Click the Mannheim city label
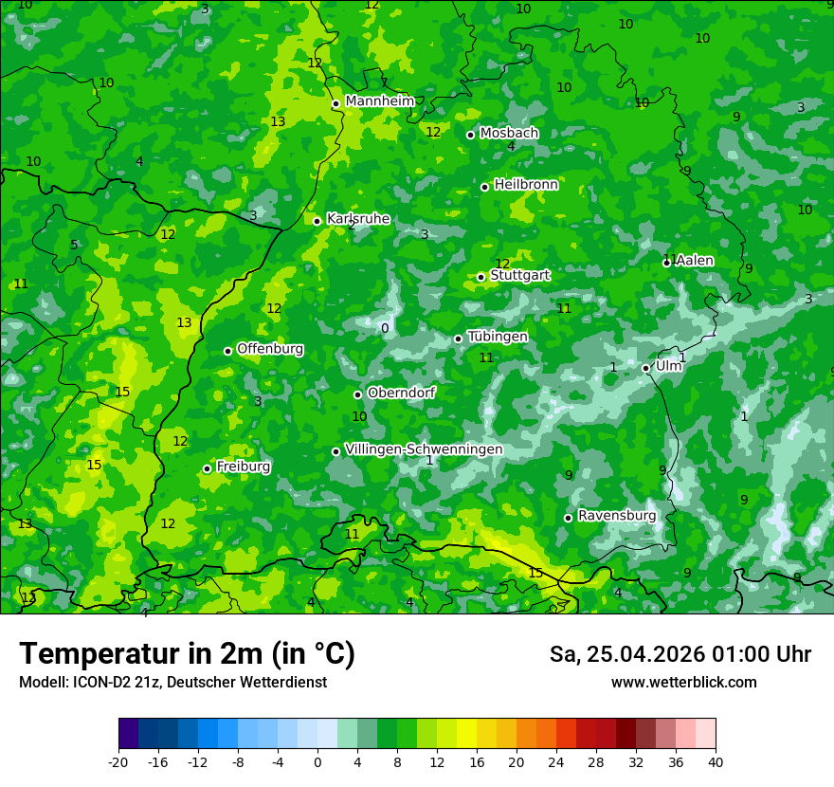point(379,101)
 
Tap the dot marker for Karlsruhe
point(317,221)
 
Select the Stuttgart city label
point(520,275)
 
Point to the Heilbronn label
point(526,185)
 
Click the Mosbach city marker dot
point(470,135)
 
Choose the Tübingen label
point(498,337)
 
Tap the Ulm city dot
point(646,368)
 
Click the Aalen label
point(695,261)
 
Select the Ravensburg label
point(617,516)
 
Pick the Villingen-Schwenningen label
point(424,449)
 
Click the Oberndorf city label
point(401,393)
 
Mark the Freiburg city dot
point(207,468)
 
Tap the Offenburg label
point(270,349)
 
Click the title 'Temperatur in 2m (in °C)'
point(187,653)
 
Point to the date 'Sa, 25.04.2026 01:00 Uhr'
point(680,654)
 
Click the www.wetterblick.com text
point(683,683)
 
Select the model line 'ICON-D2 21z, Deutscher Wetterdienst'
point(172,683)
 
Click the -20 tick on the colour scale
point(118,761)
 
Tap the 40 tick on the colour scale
point(715,761)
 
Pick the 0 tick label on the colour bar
point(317,761)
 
